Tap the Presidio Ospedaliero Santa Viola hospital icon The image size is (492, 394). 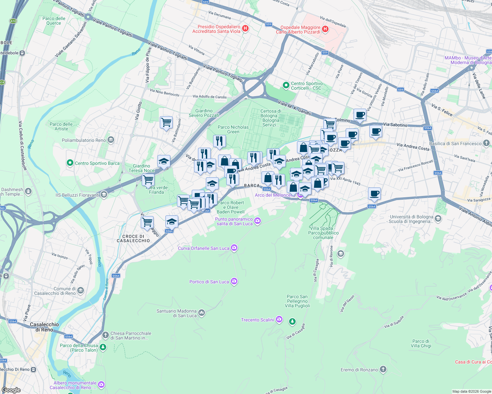[x=245, y=29]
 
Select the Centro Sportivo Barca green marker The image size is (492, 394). [x=70, y=163]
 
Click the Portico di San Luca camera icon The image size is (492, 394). [x=234, y=281]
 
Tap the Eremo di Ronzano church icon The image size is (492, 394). [x=383, y=369]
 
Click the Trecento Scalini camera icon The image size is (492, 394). [x=279, y=319]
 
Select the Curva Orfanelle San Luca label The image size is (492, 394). [x=203, y=248]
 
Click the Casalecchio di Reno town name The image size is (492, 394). [x=44, y=327]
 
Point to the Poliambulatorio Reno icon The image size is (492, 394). [x=111, y=140]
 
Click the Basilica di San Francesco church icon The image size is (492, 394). [x=486, y=143]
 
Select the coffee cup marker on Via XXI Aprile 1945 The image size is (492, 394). [x=374, y=194]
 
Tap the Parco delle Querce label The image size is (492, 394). [x=54, y=21]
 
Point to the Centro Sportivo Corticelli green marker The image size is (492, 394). [x=286, y=85]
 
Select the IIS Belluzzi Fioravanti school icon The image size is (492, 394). [x=104, y=195]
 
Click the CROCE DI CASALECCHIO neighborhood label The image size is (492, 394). [x=133, y=238]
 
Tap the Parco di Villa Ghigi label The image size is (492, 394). [x=421, y=343]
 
